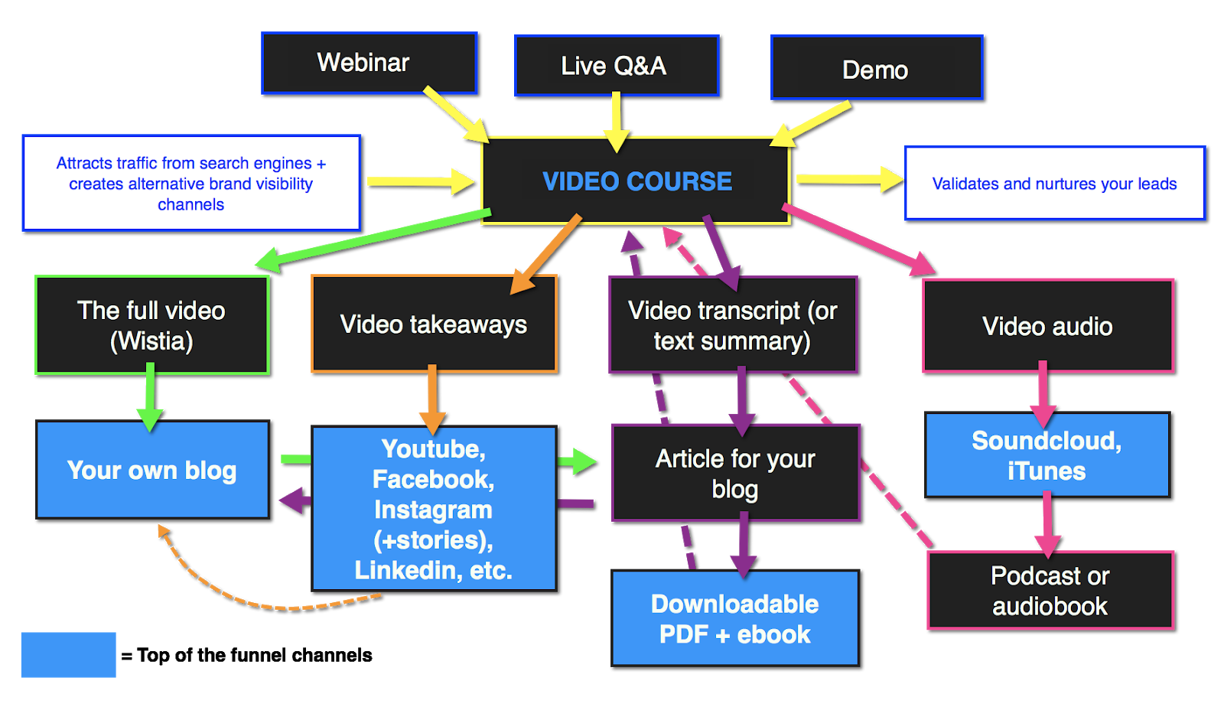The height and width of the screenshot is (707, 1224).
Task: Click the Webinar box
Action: pyautogui.click(x=369, y=63)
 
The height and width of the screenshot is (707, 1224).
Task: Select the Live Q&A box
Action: pyautogui.click(x=617, y=66)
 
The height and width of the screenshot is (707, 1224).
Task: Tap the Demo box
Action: pyautogui.click(x=877, y=67)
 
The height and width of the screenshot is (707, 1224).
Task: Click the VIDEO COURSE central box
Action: pyautogui.click(x=636, y=181)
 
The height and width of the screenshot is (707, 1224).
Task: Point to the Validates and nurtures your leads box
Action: pyautogui.click(x=1055, y=183)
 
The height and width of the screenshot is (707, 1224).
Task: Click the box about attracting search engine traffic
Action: pyautogui.click(x=191, y=183)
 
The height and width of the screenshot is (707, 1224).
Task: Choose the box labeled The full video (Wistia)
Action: pyautogui.click(x=152, y=325)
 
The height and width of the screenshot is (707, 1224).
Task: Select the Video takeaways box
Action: pyautogui.click(x=434, y=324)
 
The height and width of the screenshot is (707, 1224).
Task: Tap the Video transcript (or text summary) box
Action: pyautogui.click(x=733, y=325)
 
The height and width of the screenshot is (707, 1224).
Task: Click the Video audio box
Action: pyautogui.click(x=1047, y=326)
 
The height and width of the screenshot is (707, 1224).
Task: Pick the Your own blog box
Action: pyautogui.click(x=152, y=469)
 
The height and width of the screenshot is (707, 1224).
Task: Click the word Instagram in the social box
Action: pyautogui.click(x=433, y=510)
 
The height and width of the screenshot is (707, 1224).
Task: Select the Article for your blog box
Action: pyautogui.click(x=736, y=473)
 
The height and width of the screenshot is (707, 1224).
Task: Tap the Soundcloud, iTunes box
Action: pyautogui.click(x=1047, y=455)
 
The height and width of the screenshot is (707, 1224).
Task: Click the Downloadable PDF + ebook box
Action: pyautogui.click(x=735, y=618)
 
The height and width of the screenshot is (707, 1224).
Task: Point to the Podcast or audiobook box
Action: pyautogui.click(x=1050, y=591)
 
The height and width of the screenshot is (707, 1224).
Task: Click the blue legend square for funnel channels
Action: pyautogui.click(x=68, y=654)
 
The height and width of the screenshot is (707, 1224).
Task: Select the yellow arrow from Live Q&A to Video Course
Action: pyautogui.click(x=617, y=122)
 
